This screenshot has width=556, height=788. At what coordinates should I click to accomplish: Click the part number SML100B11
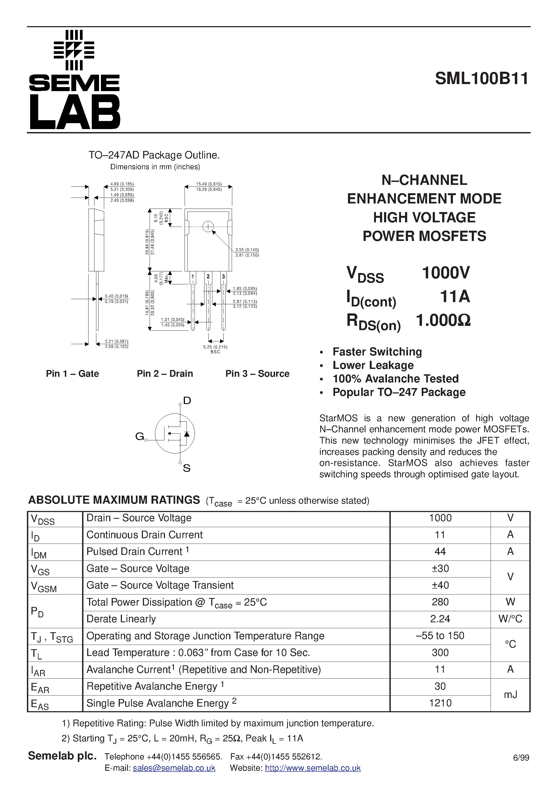pos(482,79)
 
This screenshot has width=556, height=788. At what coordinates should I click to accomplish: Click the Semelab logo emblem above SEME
pos(74,50)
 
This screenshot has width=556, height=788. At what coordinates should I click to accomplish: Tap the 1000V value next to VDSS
pos(446,273)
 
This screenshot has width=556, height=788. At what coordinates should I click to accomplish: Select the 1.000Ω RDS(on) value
pos(443,320)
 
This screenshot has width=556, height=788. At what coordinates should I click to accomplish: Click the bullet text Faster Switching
pos(377,352)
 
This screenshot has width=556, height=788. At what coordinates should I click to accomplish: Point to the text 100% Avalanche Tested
pos(395,379)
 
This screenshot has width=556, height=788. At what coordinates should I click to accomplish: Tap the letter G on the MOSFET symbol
pos(139,436)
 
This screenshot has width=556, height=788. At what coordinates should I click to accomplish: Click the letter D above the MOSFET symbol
pos(187,400)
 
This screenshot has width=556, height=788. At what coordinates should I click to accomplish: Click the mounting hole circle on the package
pos(208,227)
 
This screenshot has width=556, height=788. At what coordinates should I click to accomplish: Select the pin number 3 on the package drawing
pos(223,277)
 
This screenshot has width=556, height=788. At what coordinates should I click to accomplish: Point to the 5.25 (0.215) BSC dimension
pos(215,349)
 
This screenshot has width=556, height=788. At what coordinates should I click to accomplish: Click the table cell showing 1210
pos(440,703)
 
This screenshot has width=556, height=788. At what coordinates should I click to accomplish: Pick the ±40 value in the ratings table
pos(440,585)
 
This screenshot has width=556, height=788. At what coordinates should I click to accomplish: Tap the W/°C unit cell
pos(510,619)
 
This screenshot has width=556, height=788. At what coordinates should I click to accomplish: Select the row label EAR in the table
pos(40,687)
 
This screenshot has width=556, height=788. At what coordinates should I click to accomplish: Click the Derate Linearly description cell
pos(121,619)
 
